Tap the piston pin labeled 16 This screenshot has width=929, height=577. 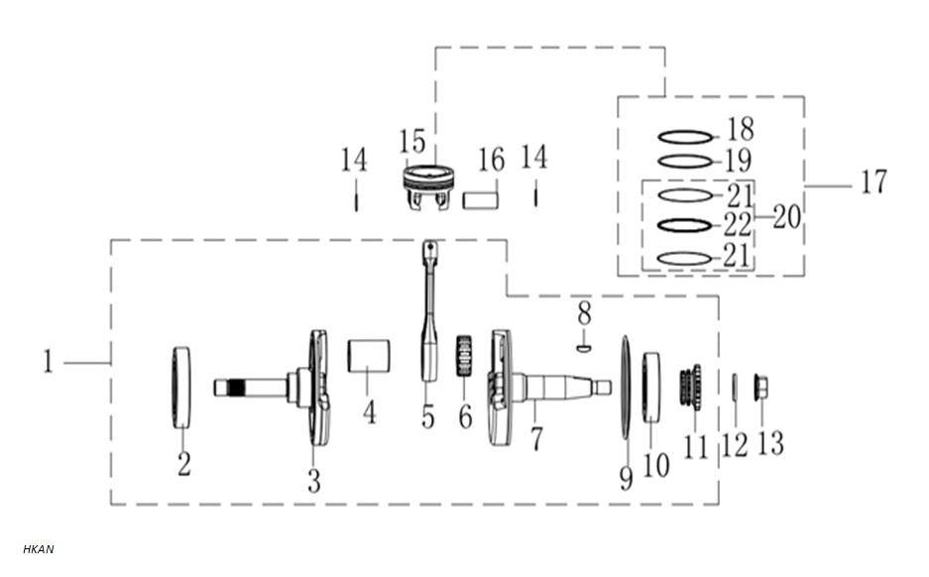(x=481, y=199)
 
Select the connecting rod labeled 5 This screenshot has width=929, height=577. (x=429, y=310)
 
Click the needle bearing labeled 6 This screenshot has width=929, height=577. (x=464, y=356)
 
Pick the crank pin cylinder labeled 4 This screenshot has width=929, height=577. (x=369, y=356)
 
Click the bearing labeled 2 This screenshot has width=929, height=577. (x=181, y=388)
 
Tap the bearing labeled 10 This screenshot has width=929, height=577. (x=651, y=387)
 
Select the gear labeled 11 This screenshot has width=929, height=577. (x=691, y=386)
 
